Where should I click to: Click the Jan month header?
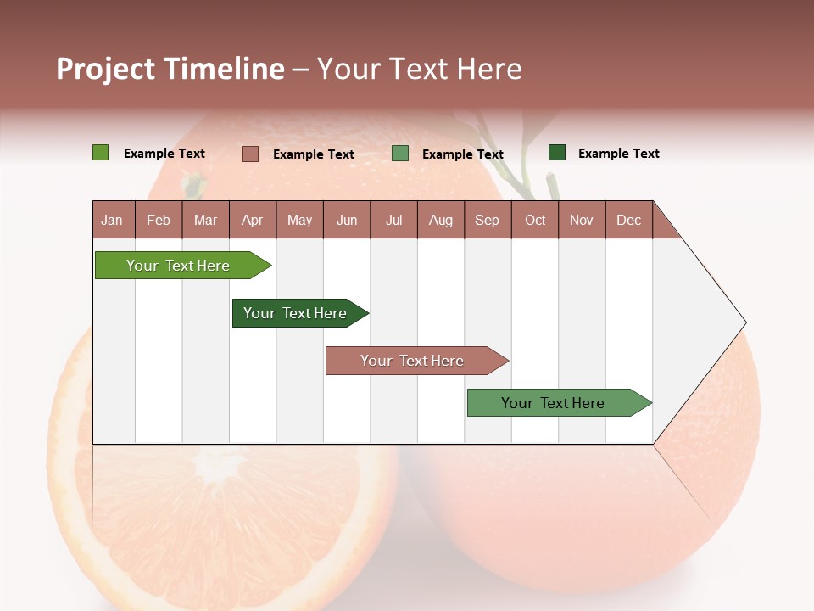(112, 220)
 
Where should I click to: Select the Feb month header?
(159, 220)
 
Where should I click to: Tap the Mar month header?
(205, 220)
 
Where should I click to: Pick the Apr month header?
(253, 220)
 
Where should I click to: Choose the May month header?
(299, 220)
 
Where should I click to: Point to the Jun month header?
(347, 220)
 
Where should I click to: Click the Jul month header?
(393, 220)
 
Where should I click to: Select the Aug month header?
(441, 220)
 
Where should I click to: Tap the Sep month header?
(488, 220)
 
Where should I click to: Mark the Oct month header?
(535, 220)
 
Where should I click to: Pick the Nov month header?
(582, 220)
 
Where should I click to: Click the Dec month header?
(629, 220)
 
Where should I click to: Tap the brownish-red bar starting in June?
(413, 361)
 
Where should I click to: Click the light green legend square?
(100, 153)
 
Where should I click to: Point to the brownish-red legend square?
(249, 154)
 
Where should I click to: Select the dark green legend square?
(556, 153)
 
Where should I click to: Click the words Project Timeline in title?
(170, 69)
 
